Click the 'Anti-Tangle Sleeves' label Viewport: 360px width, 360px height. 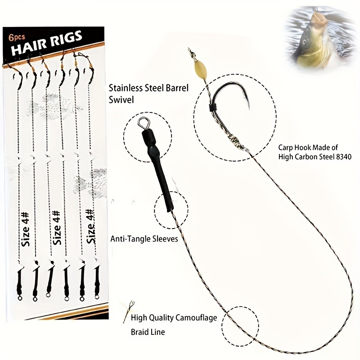tap(144, 239)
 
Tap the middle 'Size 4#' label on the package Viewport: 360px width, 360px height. tap(57, 227)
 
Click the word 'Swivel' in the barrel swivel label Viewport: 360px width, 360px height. tap(121, 99)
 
